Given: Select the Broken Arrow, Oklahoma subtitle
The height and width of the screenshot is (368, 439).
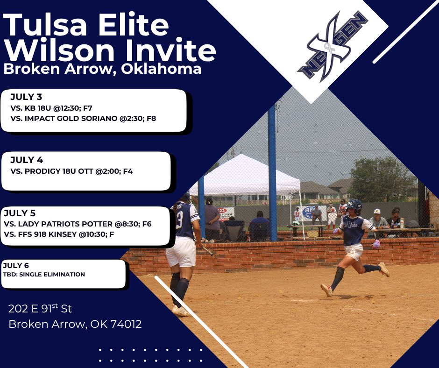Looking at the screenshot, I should tap(102, 69).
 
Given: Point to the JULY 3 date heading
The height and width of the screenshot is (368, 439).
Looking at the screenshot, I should tap(26, 97).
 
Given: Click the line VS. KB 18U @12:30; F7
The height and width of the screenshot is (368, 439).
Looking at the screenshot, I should tap(51, 108).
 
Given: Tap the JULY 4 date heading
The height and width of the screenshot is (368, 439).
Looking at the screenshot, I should tap(27, 160).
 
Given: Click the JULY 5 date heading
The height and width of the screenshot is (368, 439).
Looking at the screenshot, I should tap(20, 213).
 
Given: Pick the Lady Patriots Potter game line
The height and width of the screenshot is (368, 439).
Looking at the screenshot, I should tap(77, 224).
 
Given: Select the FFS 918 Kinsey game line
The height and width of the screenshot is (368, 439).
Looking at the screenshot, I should tap(65, 234).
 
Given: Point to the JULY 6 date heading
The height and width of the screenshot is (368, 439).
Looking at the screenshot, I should tap(16, 265).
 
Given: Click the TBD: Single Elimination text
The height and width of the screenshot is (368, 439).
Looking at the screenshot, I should tap(44, 274).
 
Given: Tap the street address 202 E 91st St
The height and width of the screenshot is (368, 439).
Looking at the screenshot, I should tap(40, 309).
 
